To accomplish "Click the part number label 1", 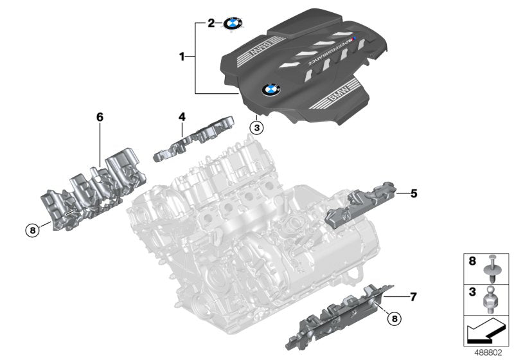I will pyautogui.click(x=182, y=57).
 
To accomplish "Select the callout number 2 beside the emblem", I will pyautogui.click(x=211, y=24).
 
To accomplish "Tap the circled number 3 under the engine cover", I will pyautogui.click(x=256, y=127).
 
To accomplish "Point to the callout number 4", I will pyautogui.click(x=182, y=117).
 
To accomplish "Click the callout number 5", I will pyautogui.click(x=413, y=192).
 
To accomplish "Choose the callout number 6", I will pyautogui.click(x=100, y=117).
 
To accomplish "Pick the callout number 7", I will pyautogui.click(x=413, y=297).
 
